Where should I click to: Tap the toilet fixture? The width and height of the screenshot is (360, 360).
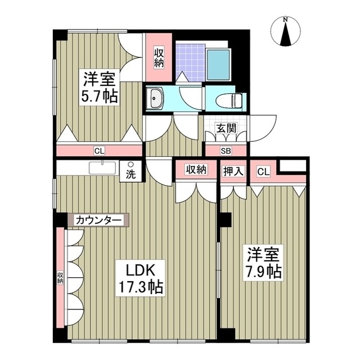(229, 100)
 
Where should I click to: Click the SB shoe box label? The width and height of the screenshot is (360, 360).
(225, 150)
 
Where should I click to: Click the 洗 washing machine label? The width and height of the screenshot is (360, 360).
(130, 174)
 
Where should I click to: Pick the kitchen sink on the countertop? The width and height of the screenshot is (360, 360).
(102, 168)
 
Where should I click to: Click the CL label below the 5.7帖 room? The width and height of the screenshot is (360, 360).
(99, 150)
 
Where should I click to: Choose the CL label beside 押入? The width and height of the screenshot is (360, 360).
(262, 170)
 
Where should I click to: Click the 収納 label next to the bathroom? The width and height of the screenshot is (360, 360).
(159, 56)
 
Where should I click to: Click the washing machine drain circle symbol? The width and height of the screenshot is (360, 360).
(130, 165)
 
